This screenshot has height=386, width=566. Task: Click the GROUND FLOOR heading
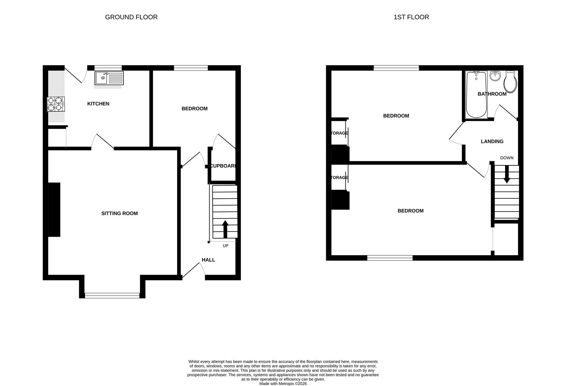(131, 17)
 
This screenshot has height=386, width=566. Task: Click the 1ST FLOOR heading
(411, 17)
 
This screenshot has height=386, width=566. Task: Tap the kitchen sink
(109, 78)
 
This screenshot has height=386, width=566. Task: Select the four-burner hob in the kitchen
(56, 104)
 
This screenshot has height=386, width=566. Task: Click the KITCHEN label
(98, 104)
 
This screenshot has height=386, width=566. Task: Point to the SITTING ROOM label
(119, 213)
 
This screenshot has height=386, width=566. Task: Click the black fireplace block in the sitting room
(54, 209)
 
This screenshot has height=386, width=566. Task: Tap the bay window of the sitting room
(112, 295)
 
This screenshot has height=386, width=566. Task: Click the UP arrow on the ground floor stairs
(225, 229)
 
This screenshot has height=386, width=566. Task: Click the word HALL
(208, 260)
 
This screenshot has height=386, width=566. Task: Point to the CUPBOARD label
(223, 166)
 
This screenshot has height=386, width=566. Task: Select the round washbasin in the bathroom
(495, 76)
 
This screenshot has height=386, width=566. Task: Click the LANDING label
(492, 142)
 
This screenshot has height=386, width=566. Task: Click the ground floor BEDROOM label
(194, 109)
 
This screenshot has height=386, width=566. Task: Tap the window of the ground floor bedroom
(191, 68)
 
